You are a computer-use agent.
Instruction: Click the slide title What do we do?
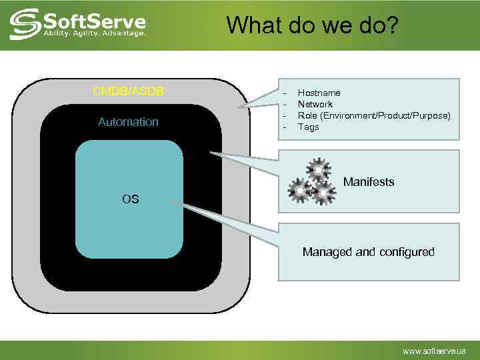click(312, 25)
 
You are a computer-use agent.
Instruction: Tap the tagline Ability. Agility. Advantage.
click(94, 33)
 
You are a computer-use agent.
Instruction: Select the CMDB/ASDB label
click(129, 91)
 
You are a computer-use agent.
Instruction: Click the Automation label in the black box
click(129, 122)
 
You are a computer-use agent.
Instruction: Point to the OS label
click(131, 199)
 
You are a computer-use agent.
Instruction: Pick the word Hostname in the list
click(319, 93)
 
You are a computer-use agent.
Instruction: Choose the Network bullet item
click(315, 105)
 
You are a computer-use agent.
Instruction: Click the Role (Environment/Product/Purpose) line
click(373, 115)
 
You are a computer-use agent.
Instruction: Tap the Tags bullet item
click(308, 127)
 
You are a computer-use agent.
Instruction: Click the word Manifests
click(369, 182)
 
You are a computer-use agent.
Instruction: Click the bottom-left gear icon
click(301, 191)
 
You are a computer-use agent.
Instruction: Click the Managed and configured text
click(368, 252)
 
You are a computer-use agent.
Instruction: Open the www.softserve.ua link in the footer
click(434, 351)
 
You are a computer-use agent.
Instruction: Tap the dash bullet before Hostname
click(285, 93)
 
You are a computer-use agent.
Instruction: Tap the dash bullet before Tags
click(285, 127)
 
